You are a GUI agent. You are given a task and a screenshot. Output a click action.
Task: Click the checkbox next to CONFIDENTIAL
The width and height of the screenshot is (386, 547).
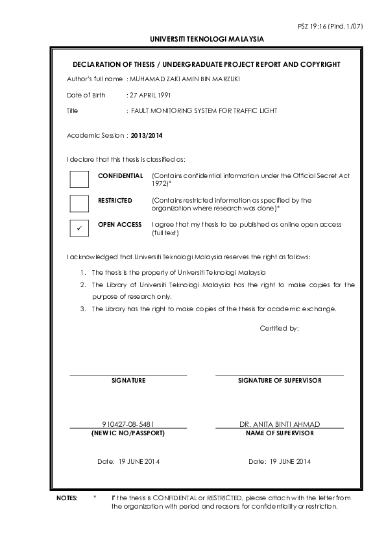point(78,179)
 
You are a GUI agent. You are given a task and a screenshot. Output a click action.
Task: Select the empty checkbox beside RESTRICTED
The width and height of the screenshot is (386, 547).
point(78,204)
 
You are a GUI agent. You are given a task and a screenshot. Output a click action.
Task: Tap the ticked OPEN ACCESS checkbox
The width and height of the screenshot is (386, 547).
point(78,229)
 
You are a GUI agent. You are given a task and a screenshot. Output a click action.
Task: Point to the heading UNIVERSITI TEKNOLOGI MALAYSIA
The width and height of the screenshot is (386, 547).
point(207,39)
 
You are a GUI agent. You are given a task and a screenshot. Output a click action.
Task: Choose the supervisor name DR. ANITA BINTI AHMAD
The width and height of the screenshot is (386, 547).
point(280,424)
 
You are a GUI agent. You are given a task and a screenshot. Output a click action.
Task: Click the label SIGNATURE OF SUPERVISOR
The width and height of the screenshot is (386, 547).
point(280,381)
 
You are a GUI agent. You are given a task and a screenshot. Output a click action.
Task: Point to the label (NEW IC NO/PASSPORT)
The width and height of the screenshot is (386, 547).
point(128,433)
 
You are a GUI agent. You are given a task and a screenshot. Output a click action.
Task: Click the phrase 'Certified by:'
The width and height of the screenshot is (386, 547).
point(280,329)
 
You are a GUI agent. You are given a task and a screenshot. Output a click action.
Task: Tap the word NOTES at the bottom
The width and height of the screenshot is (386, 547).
point(67,498)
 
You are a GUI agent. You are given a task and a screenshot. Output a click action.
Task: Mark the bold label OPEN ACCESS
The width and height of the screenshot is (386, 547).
point(119,225)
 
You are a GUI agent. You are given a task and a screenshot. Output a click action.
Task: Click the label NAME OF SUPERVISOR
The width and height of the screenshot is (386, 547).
point(280,433)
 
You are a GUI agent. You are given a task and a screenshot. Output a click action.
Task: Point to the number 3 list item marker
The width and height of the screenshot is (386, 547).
point(83,309)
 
